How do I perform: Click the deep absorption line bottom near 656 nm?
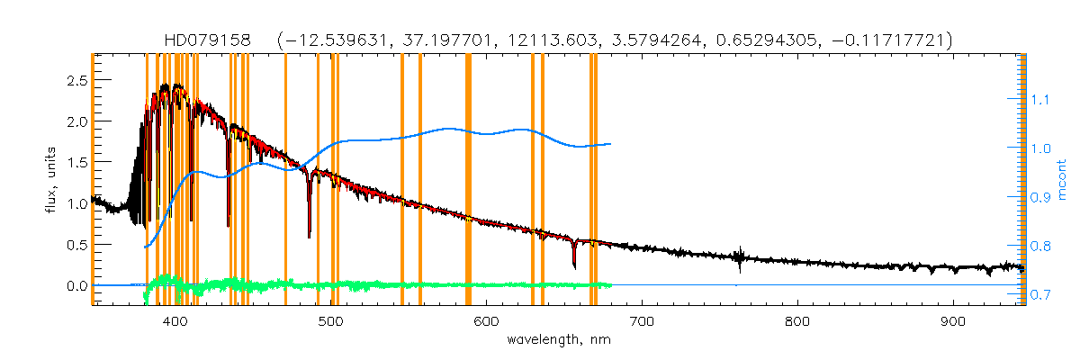[574, 266]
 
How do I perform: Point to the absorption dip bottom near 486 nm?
[310, 236]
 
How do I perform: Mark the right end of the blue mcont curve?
[612, 144]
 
